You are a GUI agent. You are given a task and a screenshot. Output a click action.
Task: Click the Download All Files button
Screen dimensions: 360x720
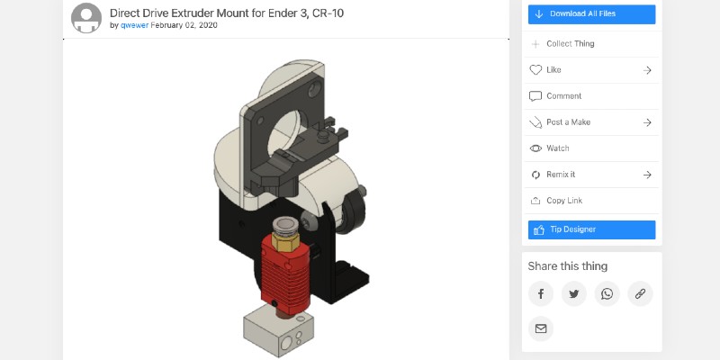(591, 13)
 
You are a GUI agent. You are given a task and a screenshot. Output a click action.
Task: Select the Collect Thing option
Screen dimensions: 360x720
(570, 43)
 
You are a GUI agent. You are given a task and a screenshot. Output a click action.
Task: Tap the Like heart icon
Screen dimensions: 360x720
(535, 69)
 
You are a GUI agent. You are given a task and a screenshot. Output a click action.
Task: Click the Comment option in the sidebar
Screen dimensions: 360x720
(563, 95)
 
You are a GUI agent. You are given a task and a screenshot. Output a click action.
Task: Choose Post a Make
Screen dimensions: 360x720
(568, 122)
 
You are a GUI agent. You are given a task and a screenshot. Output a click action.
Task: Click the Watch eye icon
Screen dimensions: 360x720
(535, 148)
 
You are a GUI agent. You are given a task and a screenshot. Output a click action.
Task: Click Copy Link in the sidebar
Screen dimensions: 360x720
(564, 201)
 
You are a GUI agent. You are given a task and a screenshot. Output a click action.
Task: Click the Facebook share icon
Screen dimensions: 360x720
(540, 293)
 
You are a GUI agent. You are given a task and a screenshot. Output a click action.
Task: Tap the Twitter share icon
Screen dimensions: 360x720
(573, 293)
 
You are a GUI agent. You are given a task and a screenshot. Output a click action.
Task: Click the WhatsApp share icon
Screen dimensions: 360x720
(607, 293)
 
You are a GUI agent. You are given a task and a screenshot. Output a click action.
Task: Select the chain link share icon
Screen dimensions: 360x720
(640, 293)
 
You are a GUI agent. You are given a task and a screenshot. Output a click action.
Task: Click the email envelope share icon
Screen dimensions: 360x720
(540, 328)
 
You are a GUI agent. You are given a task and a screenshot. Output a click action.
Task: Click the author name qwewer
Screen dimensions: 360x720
(133, 25)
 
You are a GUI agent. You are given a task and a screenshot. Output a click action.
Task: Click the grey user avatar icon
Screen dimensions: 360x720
(86, 18)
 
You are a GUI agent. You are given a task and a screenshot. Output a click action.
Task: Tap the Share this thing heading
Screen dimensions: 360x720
(567, 265)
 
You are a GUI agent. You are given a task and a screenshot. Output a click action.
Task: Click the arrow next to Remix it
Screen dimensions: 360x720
(647, 175)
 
